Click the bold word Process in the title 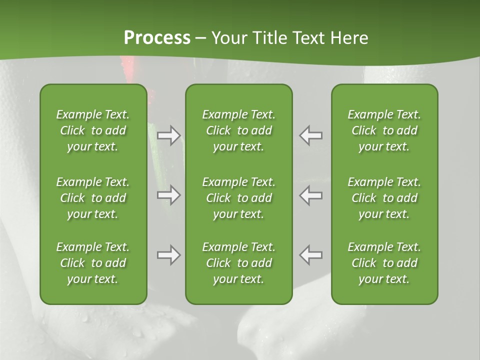(157, 38)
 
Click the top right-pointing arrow (169, 135)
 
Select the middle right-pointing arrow (169, 195)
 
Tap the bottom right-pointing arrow (169, 255)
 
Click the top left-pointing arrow (310, 135)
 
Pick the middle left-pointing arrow (310, 195)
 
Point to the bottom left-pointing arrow (310, 255)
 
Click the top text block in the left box (93, 130)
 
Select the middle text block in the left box (93, 198)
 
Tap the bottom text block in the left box (93, 263)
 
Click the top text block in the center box (238, 130)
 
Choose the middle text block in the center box (238, 198)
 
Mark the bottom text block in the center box (238, 263)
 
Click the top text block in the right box (384, 130)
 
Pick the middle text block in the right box (384, 198)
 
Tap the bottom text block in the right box (384, 263)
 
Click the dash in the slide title (201, 39)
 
